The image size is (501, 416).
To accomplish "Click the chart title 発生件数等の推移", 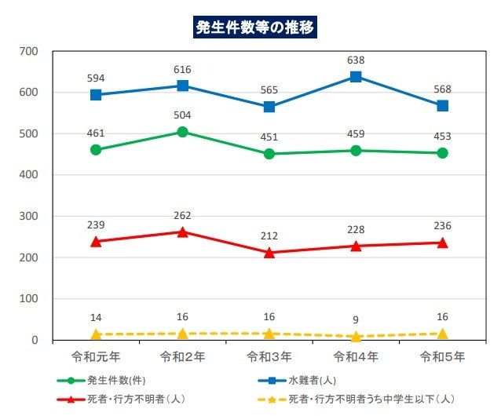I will coord(255,26).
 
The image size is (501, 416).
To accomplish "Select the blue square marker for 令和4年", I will coord(356,77).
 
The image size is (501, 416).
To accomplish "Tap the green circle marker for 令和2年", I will coord(182,132).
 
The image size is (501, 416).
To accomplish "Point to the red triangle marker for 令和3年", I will coord(269,253).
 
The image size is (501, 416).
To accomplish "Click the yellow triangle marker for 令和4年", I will coord(356,336).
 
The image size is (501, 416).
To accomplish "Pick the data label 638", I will coord(356,59).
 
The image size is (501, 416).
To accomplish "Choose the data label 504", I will coord(182,115).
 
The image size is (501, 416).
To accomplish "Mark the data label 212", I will coord(269,235).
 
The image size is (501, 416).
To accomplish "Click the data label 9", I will coord(356,319).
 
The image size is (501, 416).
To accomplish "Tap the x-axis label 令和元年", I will coord(96,357).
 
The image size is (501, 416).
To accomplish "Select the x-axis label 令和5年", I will coord(442,357).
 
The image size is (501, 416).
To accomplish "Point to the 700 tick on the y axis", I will coord(29,51).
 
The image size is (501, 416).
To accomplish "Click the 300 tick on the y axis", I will coord(29,216).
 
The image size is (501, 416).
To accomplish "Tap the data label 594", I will coord(96,77).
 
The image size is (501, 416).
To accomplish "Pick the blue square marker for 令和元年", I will coord(96,95).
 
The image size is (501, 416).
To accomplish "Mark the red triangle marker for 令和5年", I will coord(442,243).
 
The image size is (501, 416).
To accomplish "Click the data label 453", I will coord(442,136).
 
